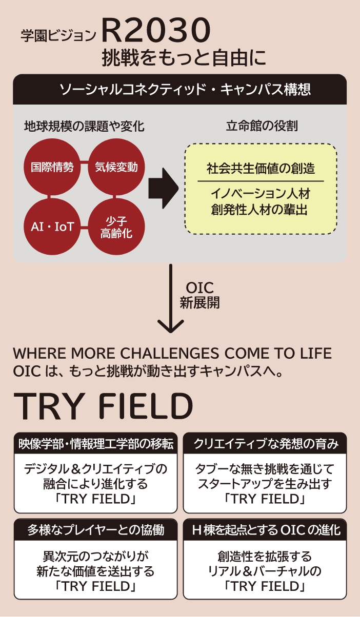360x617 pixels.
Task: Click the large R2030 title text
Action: click(156, 31)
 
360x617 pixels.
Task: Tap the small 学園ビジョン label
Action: click(58, 36)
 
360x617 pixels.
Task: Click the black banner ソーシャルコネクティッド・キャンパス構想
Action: click(180, 91)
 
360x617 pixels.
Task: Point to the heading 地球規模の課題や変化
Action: click(84, 126)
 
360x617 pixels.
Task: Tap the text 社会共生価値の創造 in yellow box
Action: click(261, 168)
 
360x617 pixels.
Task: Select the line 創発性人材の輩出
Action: click(261, 210)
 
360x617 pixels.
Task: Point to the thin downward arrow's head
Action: click(170, 327)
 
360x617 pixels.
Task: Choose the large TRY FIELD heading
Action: click(104, 407)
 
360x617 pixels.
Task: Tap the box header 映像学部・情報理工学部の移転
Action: click(95, 444)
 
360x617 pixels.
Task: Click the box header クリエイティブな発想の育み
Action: click(265, 444)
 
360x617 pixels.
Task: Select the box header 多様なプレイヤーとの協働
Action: click(95, 530)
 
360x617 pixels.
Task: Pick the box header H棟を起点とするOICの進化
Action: click(265, 530)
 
